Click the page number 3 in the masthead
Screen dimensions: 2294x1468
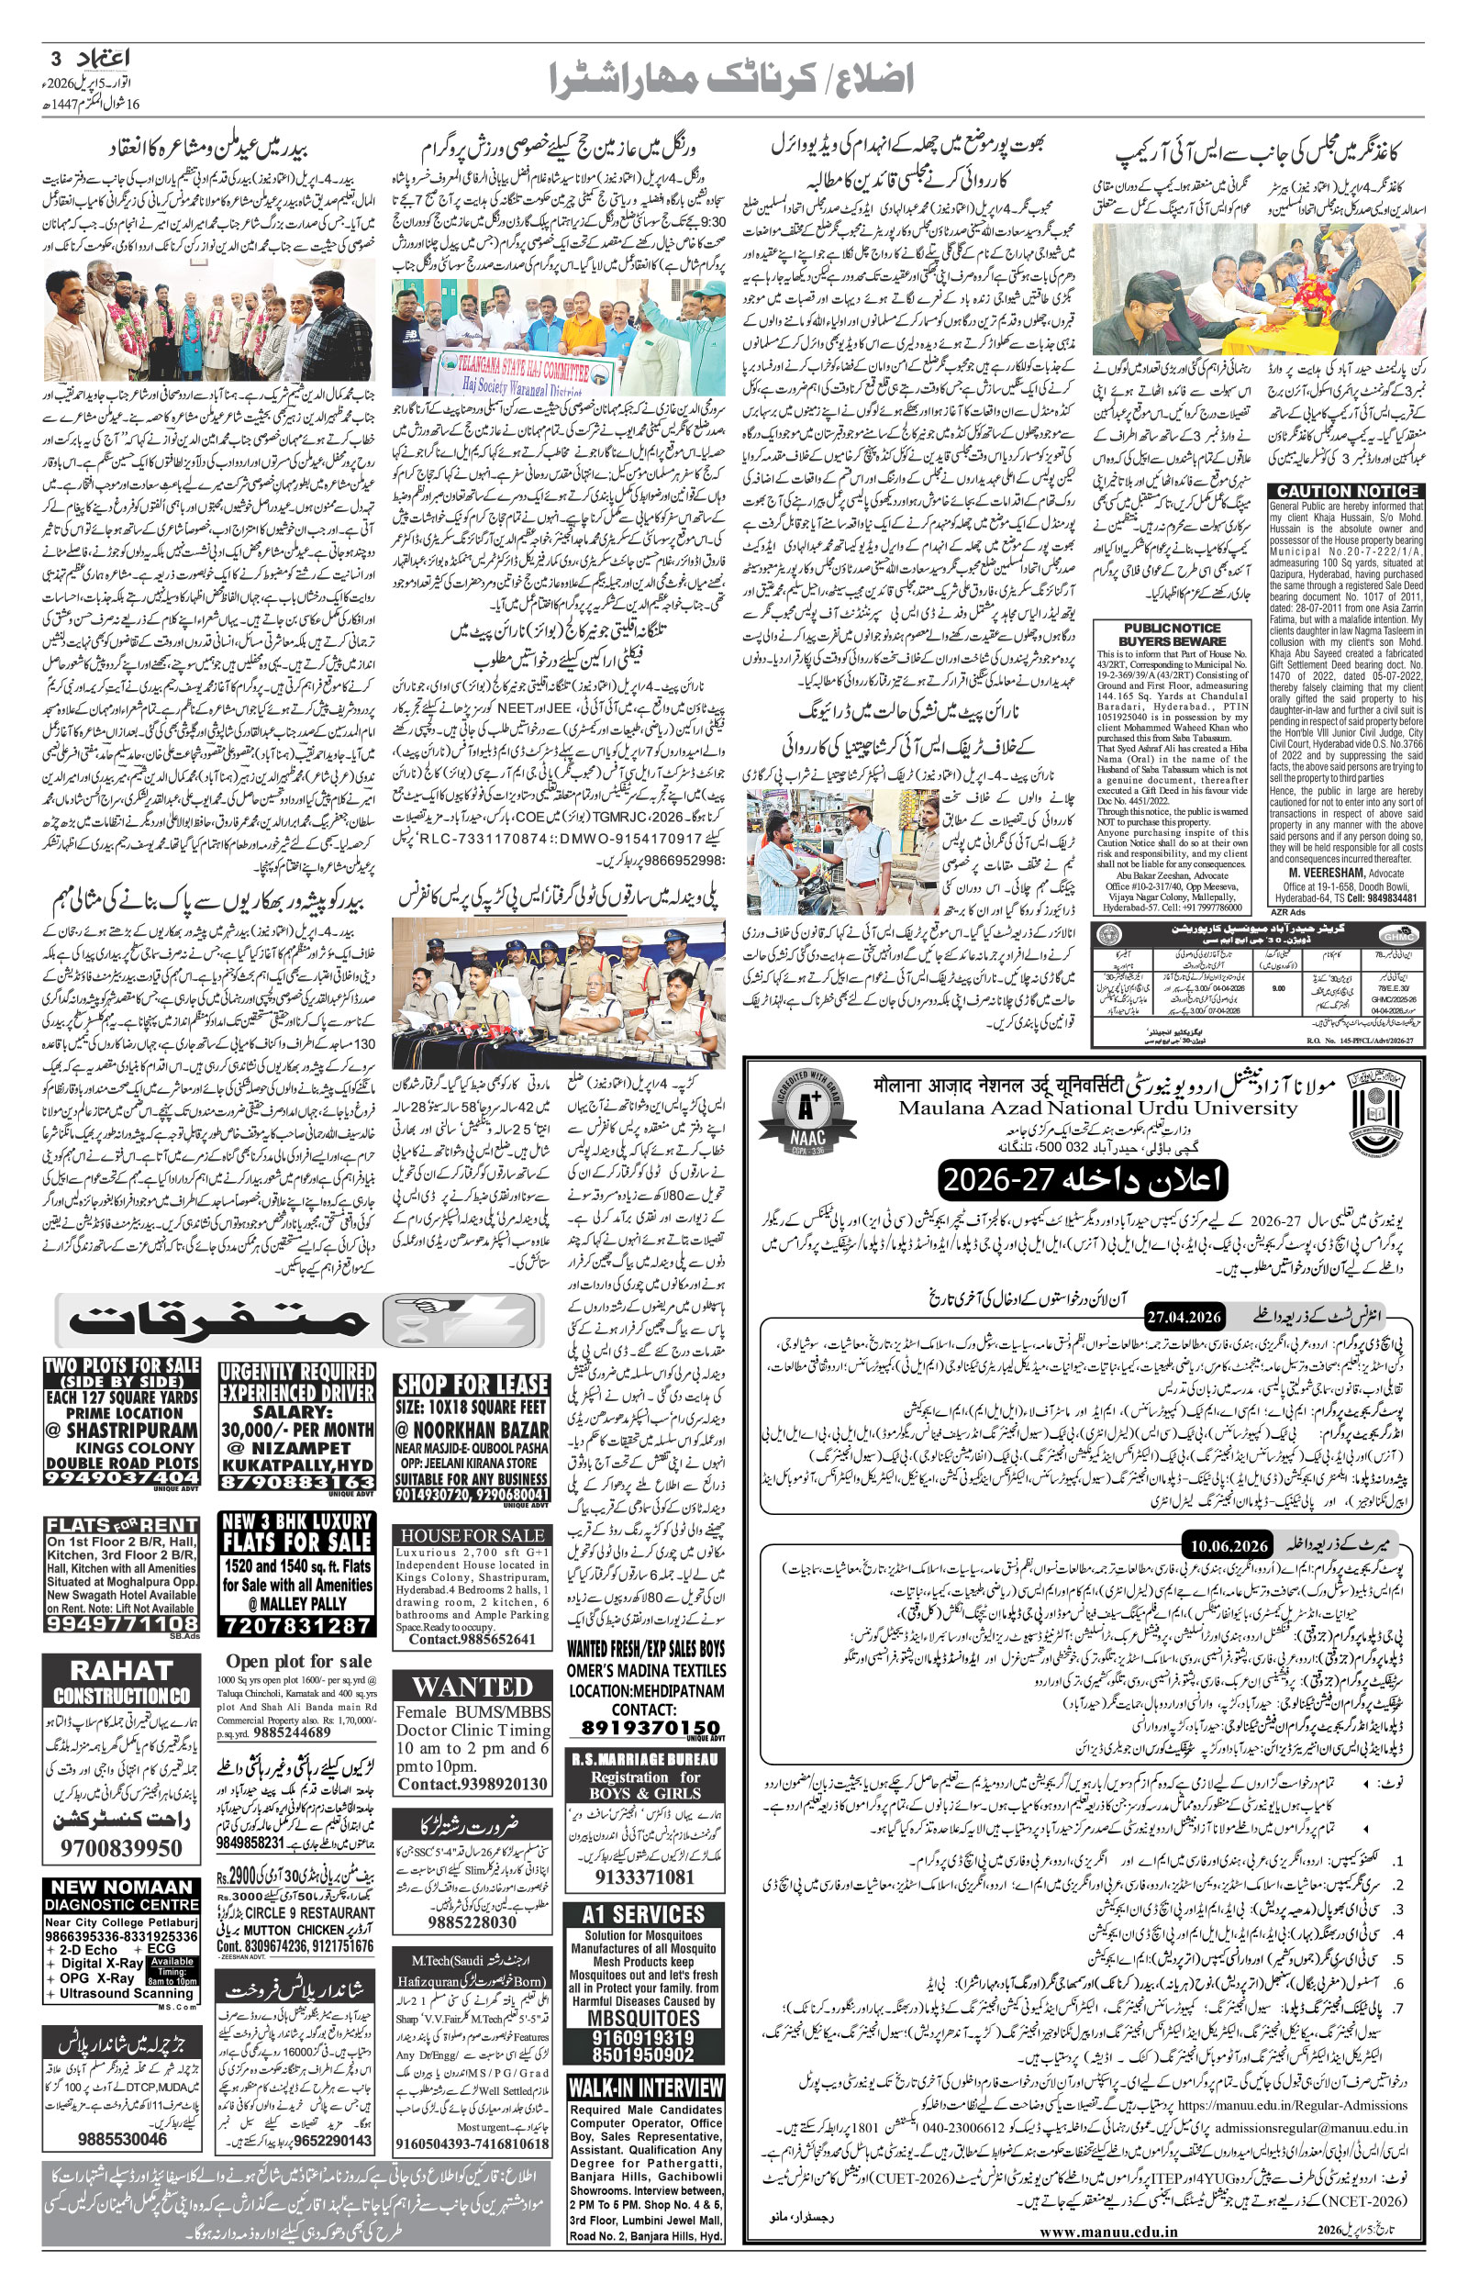pos(54,58)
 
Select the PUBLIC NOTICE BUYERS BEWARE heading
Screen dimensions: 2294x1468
pos(1172,635)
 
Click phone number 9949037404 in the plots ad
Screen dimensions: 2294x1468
pos(122,1478)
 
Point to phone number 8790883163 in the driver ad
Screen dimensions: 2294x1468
pos(296,1482)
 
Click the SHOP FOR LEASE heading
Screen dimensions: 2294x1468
pos(473,1385)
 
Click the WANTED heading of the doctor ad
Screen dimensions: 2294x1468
pos(473,1686)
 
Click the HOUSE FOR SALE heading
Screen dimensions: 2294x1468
pos(473,1534)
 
